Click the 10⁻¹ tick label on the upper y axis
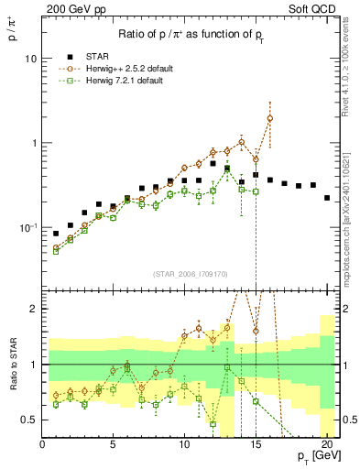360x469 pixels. click(27, 228)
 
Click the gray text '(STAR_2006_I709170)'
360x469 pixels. click(191, 271)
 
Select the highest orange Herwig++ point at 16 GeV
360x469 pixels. click(269, 118)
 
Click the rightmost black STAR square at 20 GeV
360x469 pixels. click(327, 197)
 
